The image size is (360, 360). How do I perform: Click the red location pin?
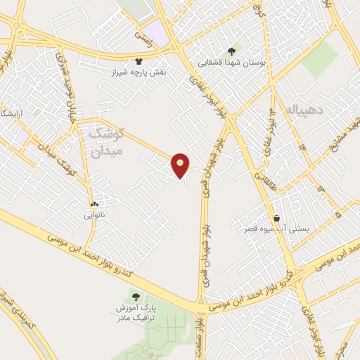(x=181, y=165)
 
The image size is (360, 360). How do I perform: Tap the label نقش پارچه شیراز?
(x=136, y=72)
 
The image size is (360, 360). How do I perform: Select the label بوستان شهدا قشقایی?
(x=231, y=62)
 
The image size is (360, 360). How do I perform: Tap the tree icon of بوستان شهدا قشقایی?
(x=231, y=51)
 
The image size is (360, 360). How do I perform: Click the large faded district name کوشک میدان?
(x=108, y=141)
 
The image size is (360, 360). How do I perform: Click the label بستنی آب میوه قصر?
(x=279, y=229)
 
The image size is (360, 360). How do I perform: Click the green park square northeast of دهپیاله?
(x=320, y=60)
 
